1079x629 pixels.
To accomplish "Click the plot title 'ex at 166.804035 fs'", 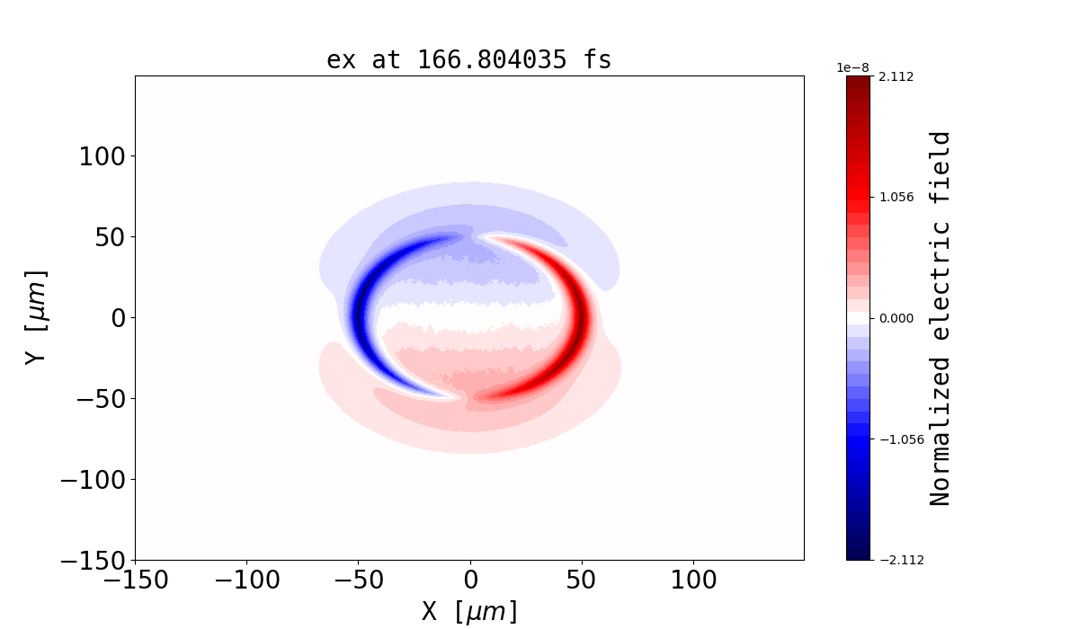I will [468, 60].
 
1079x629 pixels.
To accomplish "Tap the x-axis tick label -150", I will [135, 580].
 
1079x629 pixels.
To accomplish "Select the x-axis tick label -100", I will [246, 580].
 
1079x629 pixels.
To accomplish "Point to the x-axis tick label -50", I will [358, 580].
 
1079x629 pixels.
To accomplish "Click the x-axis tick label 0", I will [470, 580].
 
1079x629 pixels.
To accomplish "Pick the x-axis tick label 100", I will [693, 580].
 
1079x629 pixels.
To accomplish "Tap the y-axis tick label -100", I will [93, 480].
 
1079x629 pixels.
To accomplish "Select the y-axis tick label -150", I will [93, 561].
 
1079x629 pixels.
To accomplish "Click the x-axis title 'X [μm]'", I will [470, 612].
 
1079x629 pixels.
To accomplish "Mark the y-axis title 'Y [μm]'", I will [36, 317].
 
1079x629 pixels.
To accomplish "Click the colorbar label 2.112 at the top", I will [896, 77].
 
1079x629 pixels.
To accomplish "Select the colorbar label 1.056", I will [896, 197].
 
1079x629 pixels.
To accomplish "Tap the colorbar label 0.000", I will [896, 318].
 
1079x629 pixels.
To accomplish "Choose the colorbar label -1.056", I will [893, 439].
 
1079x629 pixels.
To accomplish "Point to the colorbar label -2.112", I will [893, 560].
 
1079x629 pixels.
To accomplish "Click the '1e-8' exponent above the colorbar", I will [853, 67].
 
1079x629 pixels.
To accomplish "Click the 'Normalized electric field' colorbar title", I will [941, 318].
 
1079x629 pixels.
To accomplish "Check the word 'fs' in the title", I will [597, 60].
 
